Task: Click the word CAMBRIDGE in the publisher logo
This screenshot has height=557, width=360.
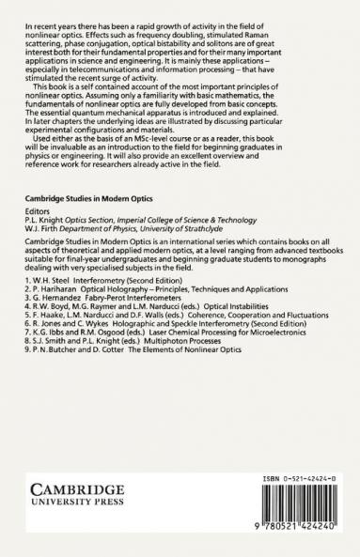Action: [74, 491]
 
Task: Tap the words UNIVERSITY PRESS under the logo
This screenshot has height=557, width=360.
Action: [74, 506]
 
